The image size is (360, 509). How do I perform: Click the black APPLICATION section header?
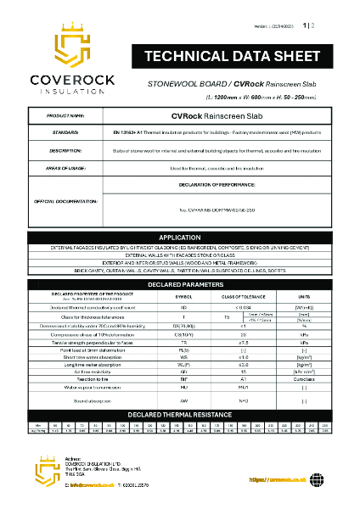pos(180,237)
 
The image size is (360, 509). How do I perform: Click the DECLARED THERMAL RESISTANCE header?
pos(180,413)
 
